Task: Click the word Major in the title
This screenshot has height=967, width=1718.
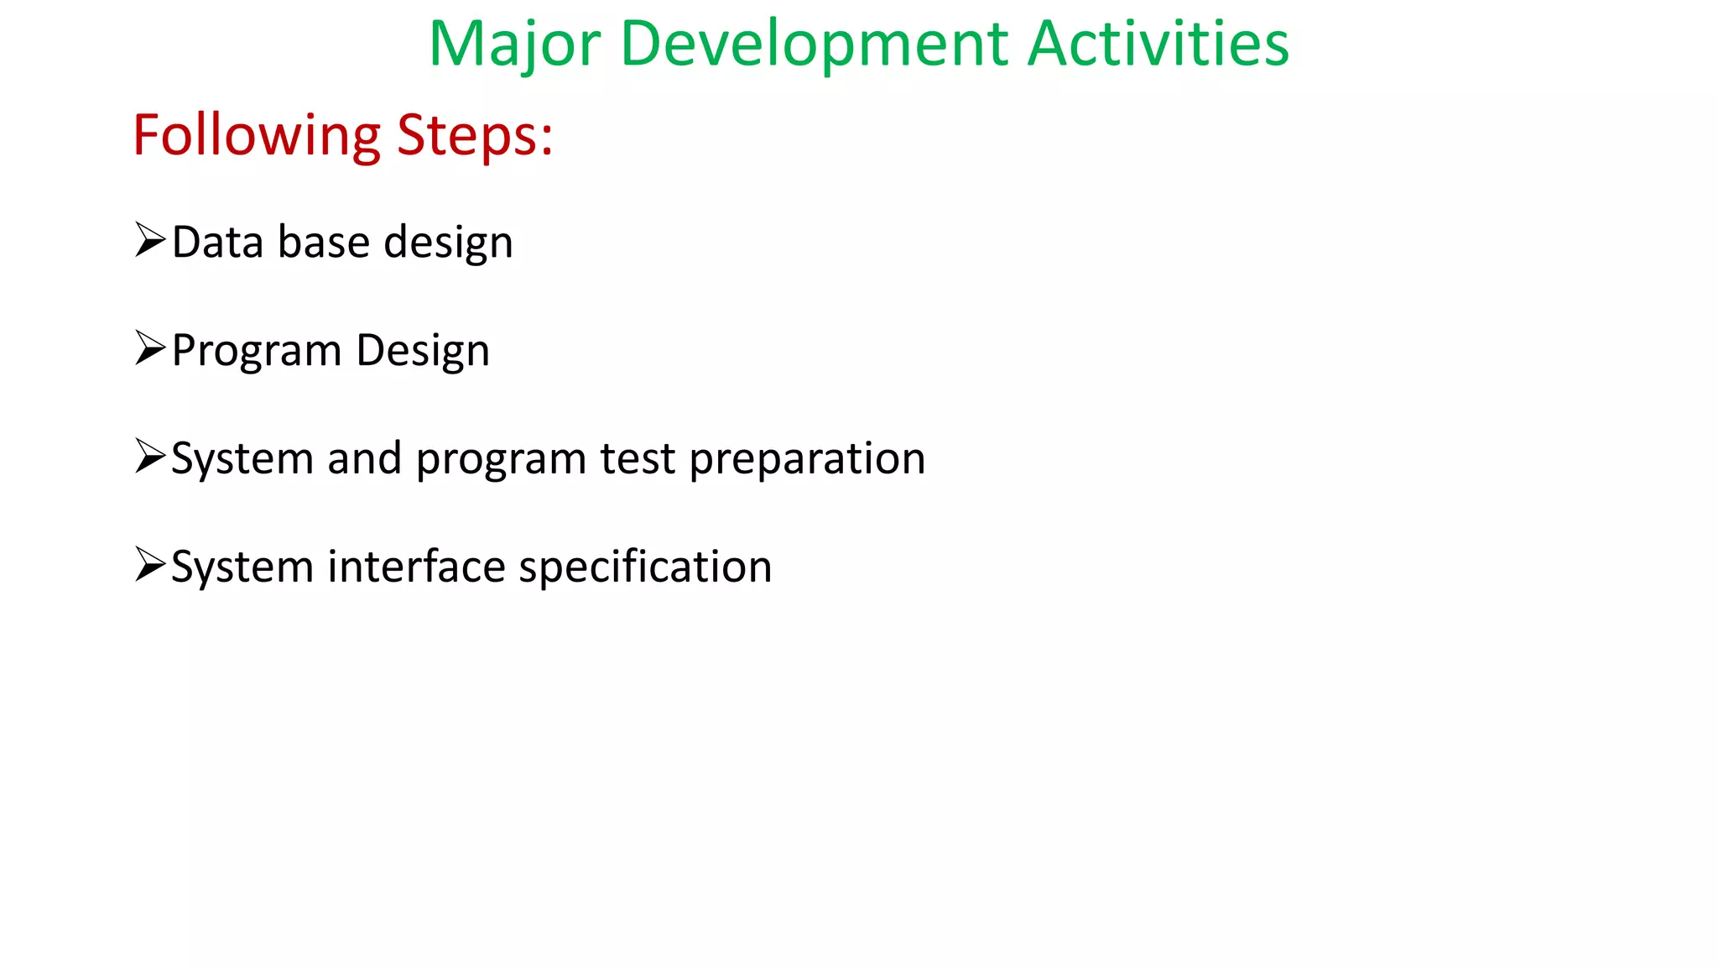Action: point(514,44)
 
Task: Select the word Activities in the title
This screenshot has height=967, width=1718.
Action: point(1158,44)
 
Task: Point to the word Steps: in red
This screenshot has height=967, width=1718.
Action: point(475,136)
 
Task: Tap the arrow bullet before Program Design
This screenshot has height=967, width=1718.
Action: point(150,348)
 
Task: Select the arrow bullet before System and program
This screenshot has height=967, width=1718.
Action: point(150,457)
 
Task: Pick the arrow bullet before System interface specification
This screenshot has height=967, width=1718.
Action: point(150,565)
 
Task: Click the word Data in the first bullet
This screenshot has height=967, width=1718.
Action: point(217,243)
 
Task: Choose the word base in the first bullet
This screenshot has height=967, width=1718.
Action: point(323,243)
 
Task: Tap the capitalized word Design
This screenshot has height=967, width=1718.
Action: point(422,352)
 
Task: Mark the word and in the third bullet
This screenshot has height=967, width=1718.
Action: point(364,459)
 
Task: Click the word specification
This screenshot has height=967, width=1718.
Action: point(645,568)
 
